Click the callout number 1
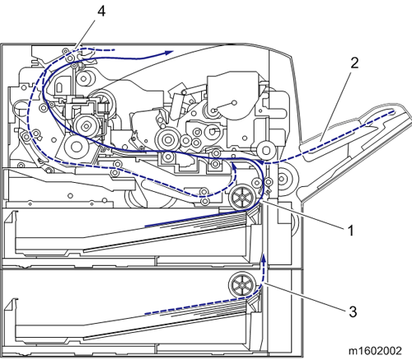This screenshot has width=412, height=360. (x=350, y=231)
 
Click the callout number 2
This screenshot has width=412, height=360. (x=354, y=63)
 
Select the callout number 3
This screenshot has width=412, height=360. (x=353, y=311)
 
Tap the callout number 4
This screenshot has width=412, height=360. (x=101, y=12)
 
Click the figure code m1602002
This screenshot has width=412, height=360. (x=375, y=351)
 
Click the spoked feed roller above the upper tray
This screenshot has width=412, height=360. (x=242, y=197)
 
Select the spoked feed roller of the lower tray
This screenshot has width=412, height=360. (x=242, y=285)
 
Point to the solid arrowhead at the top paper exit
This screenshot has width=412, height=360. (x=169, y=53)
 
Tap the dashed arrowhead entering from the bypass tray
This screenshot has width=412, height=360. (x=261, y=163)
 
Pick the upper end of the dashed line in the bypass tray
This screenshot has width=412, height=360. (x=392, y=112)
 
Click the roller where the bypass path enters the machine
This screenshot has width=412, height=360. (x=266, y=151)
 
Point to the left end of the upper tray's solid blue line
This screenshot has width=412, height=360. (x=145, y=227)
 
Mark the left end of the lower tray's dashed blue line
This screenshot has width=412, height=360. (x=145, y=314)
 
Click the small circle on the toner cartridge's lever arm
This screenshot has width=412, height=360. (x=234, y=103)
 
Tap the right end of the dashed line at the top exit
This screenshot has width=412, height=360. (x=114, y=50)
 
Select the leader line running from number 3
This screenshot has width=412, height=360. (x=304, y=297)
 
